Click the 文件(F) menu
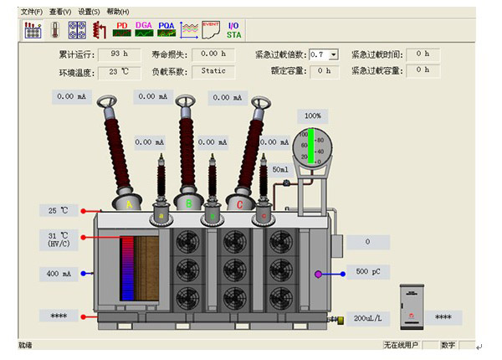click(x=31, y=13)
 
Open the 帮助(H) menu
click(x=118, y=13)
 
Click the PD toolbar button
click(x=122, y=29)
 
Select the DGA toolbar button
click(x=144, y=29)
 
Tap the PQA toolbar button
click(x=166, y=29)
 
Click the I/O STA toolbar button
click(x=234, y=29)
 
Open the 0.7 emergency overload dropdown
click(x=333, y=54)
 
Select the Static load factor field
click(x=213, y=71)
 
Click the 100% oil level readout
click(x=313, y=116)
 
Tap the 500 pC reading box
click(x=368, y=272)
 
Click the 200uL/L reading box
click(x=368, y=318)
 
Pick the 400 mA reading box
click(x=59, y=274)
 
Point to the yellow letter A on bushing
click(x=129, y=203)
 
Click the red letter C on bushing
click(x=240, y=203)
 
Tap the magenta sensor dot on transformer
click(x=318, y=274)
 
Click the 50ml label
click(x=280, y=169)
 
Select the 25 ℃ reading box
click(x=59, y=210)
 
